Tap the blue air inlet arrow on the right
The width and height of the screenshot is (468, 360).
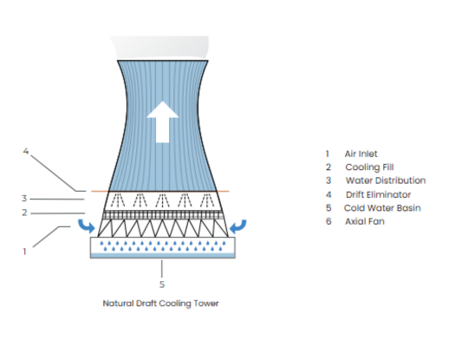239,226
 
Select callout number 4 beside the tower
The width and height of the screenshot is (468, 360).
26,152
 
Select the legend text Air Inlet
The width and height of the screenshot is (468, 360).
361,154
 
